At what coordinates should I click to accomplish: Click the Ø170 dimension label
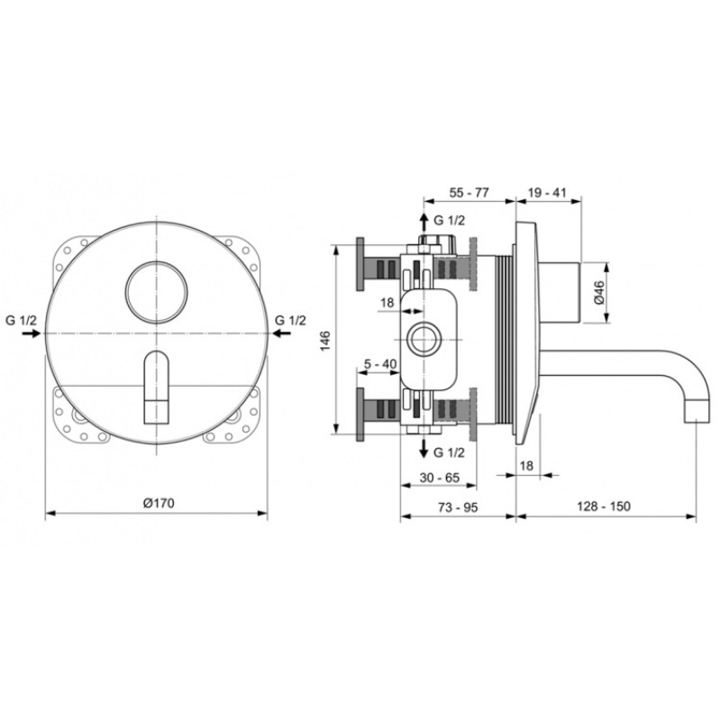coord(159,503)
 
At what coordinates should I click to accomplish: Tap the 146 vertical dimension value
coord(325,341)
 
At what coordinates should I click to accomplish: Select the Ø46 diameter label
coord(599,292)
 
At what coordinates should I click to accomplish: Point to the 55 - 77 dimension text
coord(469,192)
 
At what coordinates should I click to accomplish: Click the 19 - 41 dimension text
coord(547,192)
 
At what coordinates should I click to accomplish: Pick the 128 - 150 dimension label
coord(604,507)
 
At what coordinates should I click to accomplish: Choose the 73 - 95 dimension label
coord(458,507)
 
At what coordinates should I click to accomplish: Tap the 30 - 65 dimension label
coord(440,478)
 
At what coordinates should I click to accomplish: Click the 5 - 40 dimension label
coord(380,364)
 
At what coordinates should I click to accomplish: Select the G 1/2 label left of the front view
coord(21,320)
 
